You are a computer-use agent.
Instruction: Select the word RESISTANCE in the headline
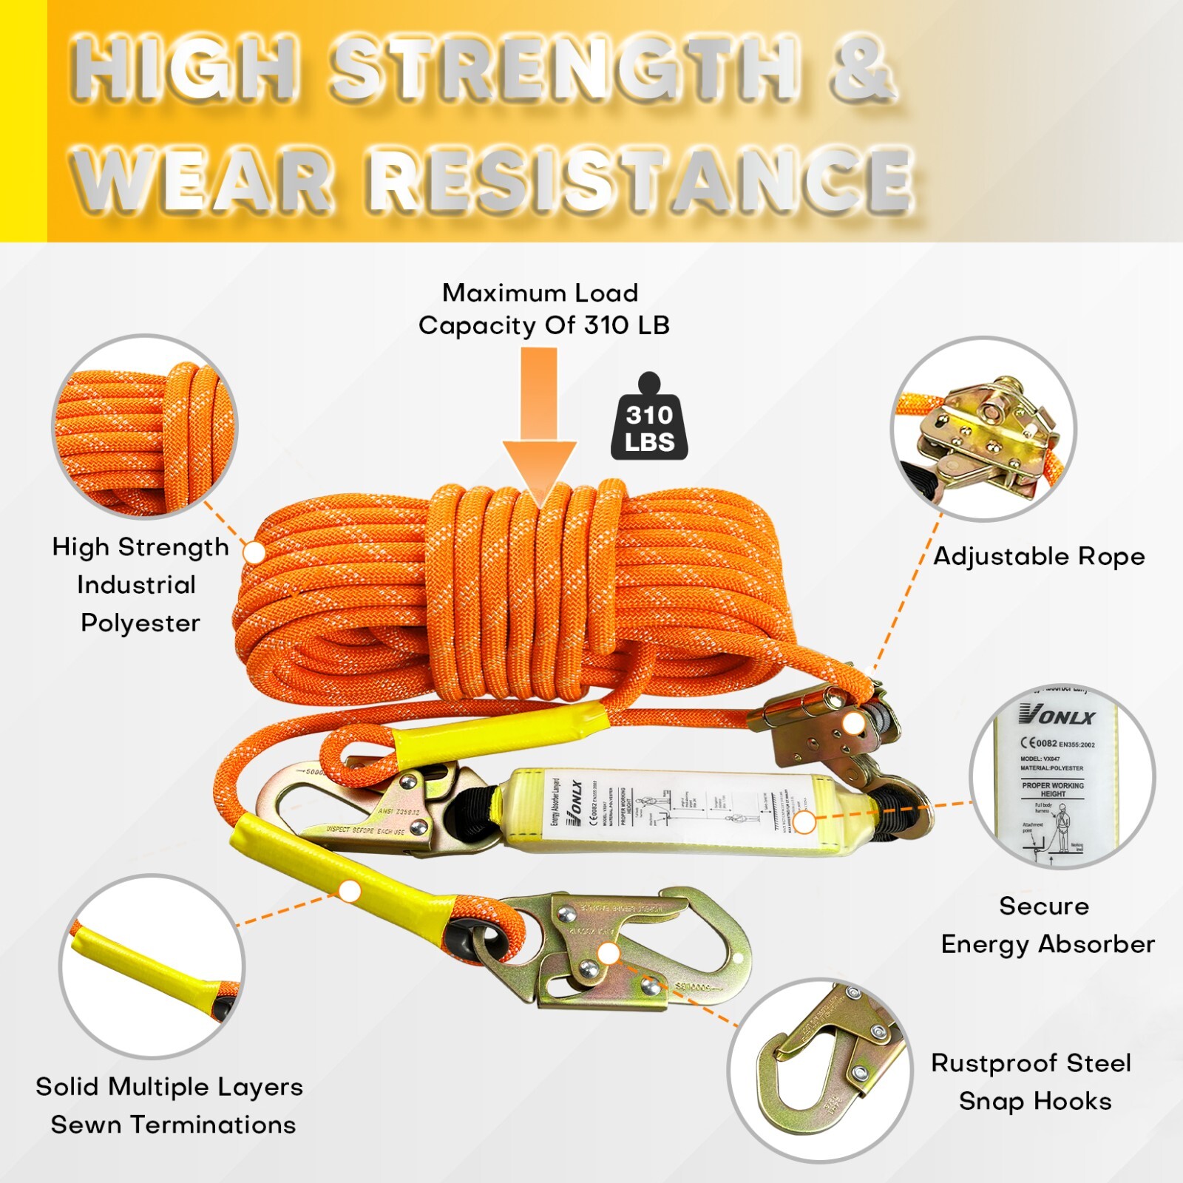click(x=640, y=179)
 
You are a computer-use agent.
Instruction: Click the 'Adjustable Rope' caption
click(x=1039, y=556)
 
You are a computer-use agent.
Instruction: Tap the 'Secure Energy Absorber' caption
click(x=1046, y=925)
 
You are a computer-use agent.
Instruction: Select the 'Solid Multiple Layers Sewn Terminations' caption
click(x=170, y=1105)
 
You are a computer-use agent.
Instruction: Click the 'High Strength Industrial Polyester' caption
click(x=140, y=585)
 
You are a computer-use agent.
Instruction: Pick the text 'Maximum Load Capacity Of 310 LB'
click(x=543, y=309)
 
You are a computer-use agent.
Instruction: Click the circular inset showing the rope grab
click(x=983, y=428)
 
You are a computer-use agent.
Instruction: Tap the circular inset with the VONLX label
click(x=1062, y=776)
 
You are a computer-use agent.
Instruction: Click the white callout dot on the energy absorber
click(x=805, y=822)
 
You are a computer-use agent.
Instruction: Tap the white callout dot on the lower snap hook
click(x=608, y=953)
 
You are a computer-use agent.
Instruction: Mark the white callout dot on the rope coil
click(x=254, y=552)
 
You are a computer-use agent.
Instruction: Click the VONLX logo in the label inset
click(x=1057, y=715)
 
